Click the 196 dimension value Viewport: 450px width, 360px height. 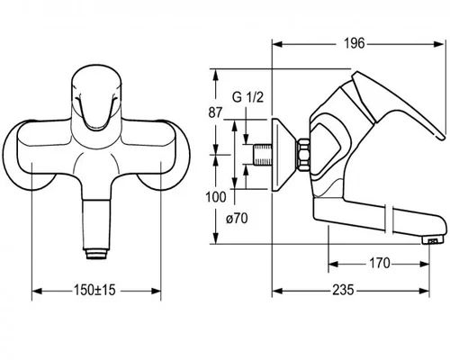coord(354,43)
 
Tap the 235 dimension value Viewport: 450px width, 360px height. coord(343,290)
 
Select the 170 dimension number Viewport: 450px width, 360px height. coord(380,264)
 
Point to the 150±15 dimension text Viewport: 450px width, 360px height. coord(94,290)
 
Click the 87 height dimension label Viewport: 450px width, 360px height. coord(215,112)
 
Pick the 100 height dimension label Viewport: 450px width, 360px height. coord(215,197)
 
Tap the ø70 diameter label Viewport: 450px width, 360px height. coord(237,219)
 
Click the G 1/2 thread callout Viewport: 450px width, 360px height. coord(247,97)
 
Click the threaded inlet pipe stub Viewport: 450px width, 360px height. coord(263,155)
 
